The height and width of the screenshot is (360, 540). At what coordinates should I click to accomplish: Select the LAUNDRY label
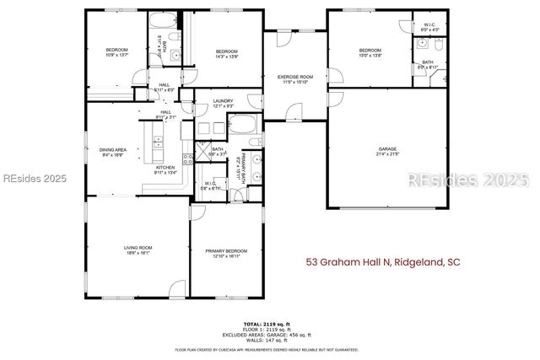(224, 103)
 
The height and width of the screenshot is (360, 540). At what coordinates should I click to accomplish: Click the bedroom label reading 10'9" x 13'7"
(116, 52)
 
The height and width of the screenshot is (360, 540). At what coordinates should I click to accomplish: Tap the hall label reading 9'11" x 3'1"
(166, 115)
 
